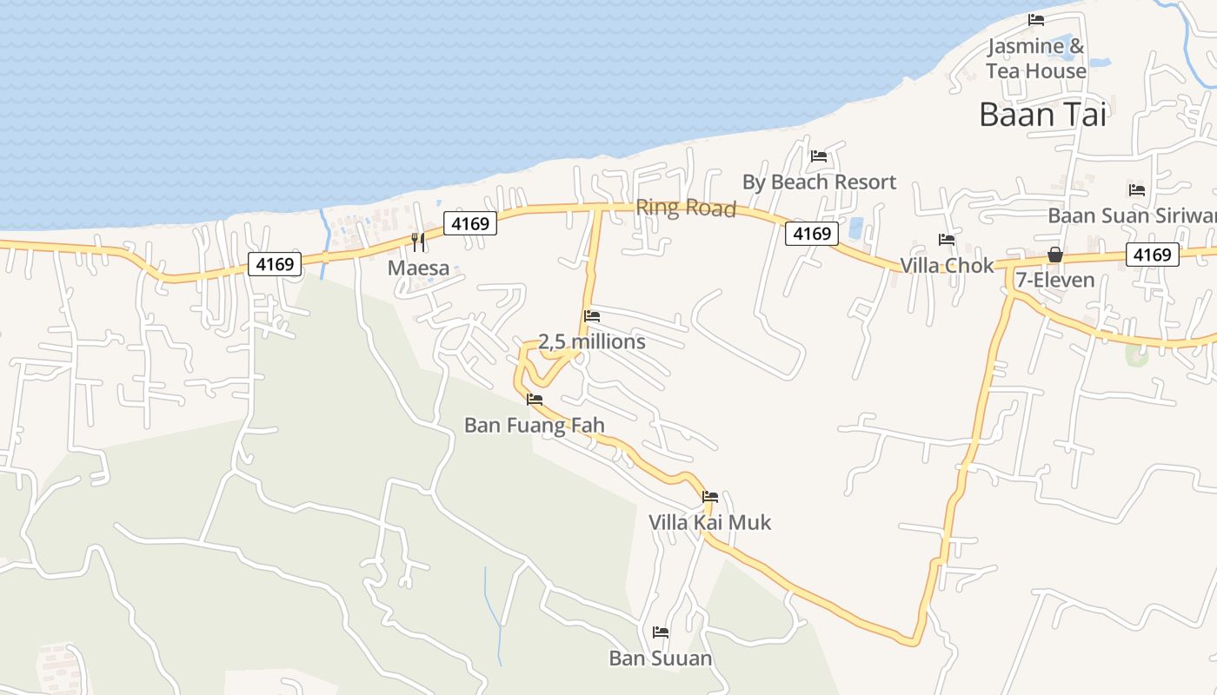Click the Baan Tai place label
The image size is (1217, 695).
(x=1042, y=115)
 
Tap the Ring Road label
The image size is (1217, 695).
(x=686, y=208)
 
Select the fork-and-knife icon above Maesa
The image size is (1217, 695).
(x=418, y=242)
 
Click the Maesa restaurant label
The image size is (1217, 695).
(x=418, y=268)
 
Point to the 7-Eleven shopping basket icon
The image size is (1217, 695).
(x=1054, y=255)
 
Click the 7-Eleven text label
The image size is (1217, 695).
(x=1054, y=281)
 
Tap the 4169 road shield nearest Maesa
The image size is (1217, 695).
(x=470, y=223)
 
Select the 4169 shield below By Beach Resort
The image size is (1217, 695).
(x=812, y=233)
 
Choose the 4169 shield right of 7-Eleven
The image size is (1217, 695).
(x=1153, y=255)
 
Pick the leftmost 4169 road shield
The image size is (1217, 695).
(x=276, y=263)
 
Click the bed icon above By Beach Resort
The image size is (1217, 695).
(x=818, y=156)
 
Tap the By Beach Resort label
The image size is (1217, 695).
(x=819, y=182)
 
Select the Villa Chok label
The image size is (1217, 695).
(x=946, y=266)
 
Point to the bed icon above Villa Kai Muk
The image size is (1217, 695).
(x=710, y=497)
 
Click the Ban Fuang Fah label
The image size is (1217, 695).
(x=534, y=425)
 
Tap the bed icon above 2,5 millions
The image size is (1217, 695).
(x=592, y=316)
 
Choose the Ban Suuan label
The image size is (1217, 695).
(x=660, y=658)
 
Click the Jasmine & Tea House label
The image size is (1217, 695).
(x=1035, y=58)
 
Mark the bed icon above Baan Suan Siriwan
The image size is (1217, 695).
(x=1136, y=189)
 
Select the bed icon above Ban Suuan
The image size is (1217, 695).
(x=661, y=632)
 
